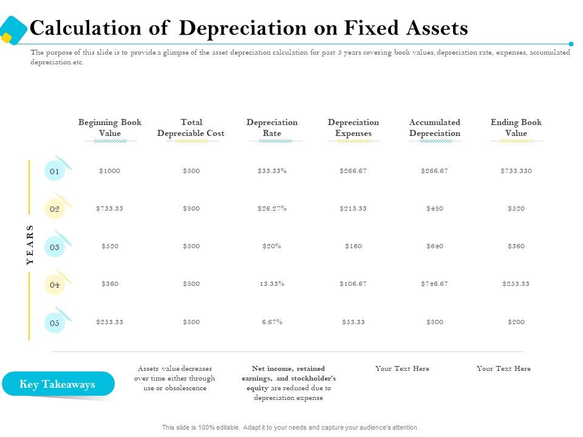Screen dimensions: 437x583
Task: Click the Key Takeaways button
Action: click(x=58, y=384)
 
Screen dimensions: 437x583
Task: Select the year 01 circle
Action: click(x=55, y=171)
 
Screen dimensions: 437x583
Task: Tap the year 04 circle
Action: click(x=55, y=285)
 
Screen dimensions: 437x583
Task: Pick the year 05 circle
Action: click(x=55, y=322)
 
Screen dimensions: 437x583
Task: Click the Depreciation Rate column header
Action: click(x=272, y=127)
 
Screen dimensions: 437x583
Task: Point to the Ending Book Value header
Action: click(x=516, y=127)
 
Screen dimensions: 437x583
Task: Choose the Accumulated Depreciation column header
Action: click(x=434, y=127)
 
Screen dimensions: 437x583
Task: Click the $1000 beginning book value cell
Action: click(x=109, y=171)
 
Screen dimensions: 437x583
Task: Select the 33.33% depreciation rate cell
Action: click(x=272, y=171)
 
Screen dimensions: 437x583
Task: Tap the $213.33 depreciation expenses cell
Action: click(x=353, y=209)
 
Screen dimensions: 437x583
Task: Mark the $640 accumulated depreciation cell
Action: click(x=434, y=246)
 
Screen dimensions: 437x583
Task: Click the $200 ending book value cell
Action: click(x=516, y=322)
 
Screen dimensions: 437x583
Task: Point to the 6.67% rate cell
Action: click(x=272, y=322)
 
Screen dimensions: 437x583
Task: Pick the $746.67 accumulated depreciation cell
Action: click(x=434, y=284)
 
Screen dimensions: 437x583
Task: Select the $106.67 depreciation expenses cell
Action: click(x=353, y=284)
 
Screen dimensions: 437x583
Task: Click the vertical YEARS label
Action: click(x=30, y=245)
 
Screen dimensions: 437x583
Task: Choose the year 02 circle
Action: click(x=55, y=209)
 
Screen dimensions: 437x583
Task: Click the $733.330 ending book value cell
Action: click(x=516, y=171)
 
